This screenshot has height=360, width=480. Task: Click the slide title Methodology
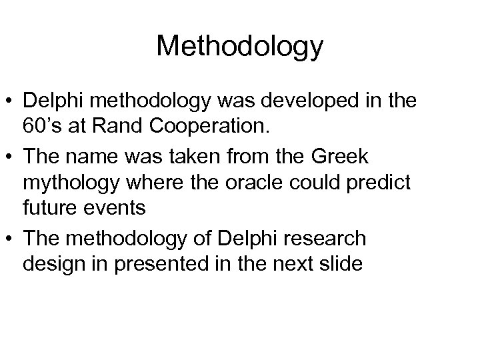tap(240, 47)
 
